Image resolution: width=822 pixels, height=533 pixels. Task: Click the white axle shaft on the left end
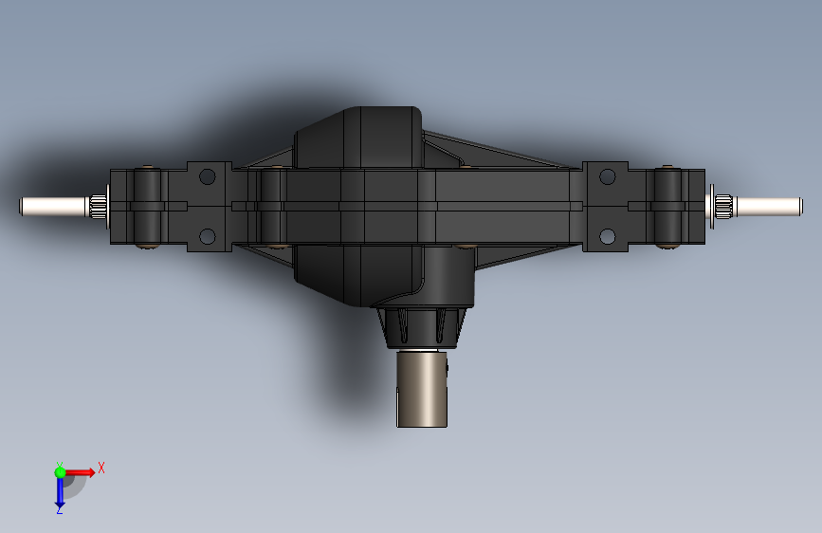click(53, 206)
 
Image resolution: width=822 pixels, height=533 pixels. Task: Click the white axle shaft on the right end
click(768, 206)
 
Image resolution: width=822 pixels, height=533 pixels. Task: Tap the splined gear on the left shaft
click(98, 206)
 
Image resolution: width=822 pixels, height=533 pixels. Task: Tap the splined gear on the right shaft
click(723, 206)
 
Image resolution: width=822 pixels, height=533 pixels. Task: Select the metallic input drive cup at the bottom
click(422, 389)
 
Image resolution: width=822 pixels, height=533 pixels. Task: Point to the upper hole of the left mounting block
click(207, 176)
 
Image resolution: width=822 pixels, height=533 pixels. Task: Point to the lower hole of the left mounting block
click(207, 236)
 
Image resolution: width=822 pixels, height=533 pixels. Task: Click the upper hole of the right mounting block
click(607, 176)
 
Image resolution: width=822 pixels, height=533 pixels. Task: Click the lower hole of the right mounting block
click(607, 236)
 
